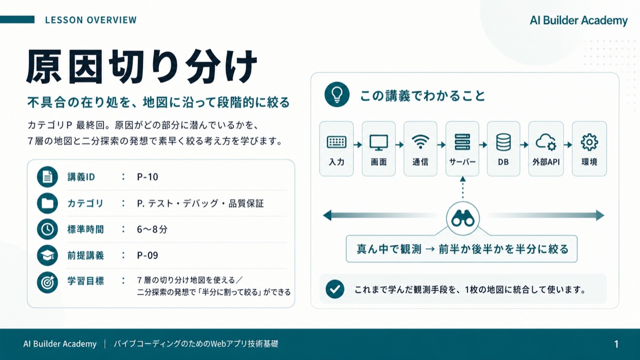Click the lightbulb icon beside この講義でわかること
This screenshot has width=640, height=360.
pyautogui.click(x=337, y=94)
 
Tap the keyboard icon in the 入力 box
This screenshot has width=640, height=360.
pyautogui.click(x=337, y=142)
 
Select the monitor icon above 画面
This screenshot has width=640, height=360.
pyautogui.click(x=379, y=142)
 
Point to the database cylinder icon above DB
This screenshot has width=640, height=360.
pyautogui.click(x=503, y=142)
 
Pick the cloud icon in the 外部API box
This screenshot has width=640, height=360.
pyautogui.click(x=546, y=142)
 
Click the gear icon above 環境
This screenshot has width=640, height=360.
pyautogui.click(x=589, y=142)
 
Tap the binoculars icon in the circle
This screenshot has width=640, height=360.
pyautogui.click(x=463, y=219)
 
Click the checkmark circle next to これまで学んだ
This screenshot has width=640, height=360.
pyautogui.click(x=335, y=290)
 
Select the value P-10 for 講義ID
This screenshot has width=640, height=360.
pyautogui.click(x=147, y=177)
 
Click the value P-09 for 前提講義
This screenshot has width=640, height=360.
pyautogui.click(x=147, y=255)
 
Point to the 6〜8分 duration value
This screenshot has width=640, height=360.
pyautogui.click(x=152, y=229)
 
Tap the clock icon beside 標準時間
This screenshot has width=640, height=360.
pyautogui.click(x=47, y=229)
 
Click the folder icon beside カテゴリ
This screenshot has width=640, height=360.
pyautogui.click(x=47, y=203)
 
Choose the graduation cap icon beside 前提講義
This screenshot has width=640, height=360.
pyautogui.click(x=47, y=255)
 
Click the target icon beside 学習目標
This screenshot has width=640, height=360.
pyautogui.click(x=47, y=282)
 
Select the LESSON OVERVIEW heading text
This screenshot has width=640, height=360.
pyautogui.click(x=91, y=20)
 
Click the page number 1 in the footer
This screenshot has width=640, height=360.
pyautogui.click(x=617, y=344)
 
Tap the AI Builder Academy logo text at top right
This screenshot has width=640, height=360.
pyautogui.click(x=579, y=21)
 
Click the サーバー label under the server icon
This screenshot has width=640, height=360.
pyautogui.click(x=462, y=162)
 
